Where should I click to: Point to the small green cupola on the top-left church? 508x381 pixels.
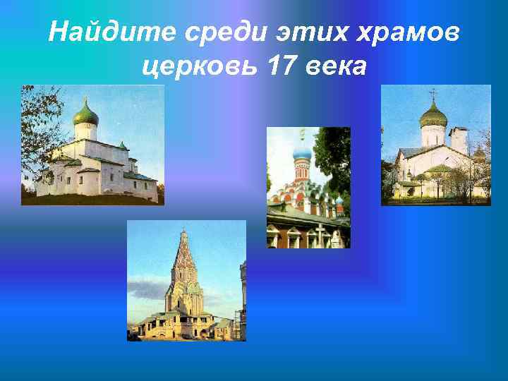122,146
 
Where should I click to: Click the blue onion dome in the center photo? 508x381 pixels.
302,151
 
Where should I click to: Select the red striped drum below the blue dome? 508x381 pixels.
302,169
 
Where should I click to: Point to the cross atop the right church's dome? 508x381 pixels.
433,94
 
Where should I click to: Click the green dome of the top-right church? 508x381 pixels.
433,114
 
